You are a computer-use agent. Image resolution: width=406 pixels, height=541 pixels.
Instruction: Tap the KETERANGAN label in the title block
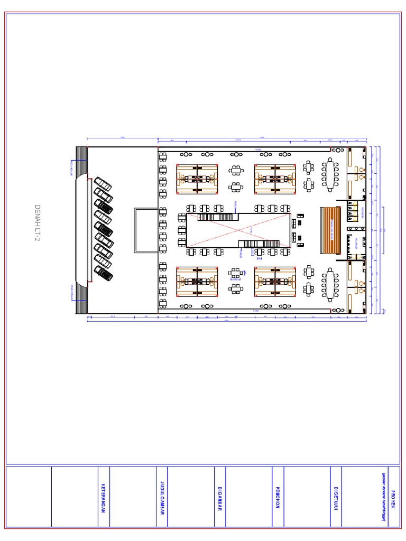(x=104, y=497)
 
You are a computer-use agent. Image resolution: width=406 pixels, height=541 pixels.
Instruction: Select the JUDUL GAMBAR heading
(x=162, y=497)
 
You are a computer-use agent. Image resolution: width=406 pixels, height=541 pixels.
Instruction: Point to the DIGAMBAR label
(x=220, y=497)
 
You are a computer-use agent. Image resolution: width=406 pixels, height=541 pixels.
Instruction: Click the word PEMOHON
(x=278, y=497)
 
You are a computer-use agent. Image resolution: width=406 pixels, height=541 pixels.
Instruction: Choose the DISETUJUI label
(x=336, y=497)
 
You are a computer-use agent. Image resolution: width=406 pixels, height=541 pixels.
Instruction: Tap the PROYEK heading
(x=394, y=497)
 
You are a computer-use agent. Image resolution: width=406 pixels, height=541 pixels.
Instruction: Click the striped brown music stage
(x=330, y=230)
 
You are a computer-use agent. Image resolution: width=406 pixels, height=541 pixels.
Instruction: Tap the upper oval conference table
(x=331, y=174)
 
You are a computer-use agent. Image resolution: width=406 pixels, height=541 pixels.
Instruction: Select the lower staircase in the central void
(x=258, y=244)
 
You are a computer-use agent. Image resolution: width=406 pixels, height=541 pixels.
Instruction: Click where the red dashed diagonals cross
(x=238, y=230)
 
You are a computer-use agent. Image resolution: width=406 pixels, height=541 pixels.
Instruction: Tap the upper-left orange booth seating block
(x=197, y=179)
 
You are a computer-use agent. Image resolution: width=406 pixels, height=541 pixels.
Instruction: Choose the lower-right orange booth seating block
(x=274, y=281)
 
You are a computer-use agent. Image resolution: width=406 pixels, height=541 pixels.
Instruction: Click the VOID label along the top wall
(x=259, y=150)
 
